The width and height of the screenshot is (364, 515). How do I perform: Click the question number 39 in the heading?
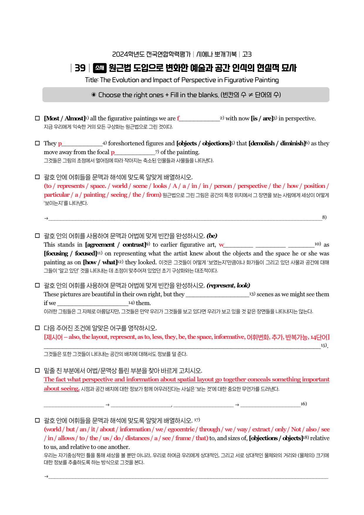[x=80, y=68]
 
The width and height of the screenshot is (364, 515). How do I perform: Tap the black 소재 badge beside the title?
[x=100, y=68]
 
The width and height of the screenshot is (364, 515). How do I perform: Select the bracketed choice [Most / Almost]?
[x=64, y=118]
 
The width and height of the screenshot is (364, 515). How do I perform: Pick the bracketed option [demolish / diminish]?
[x=277, y=143]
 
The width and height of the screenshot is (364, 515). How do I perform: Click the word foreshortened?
[x=126, y=143]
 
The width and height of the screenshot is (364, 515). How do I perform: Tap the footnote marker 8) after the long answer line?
[x=324, y=217]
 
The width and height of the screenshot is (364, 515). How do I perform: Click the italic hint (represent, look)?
[x=228, y=285]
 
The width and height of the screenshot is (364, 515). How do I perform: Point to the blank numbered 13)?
[x=217, y=294]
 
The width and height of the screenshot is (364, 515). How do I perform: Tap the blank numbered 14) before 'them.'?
[x=93, y=303]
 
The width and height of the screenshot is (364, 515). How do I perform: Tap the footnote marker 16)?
[x=304, y=404]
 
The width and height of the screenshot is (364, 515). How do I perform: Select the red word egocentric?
[x=181, y=429]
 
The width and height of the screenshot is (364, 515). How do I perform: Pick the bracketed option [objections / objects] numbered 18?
[x=276, y=438]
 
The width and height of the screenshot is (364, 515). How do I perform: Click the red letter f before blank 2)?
[x=178, y=118]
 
